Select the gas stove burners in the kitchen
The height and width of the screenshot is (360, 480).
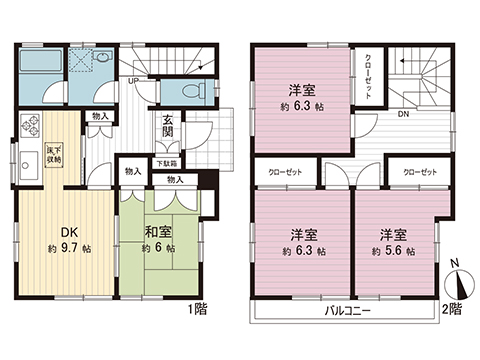(x=27, y=130)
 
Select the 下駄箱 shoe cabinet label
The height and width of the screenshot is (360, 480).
(x=166, y=164)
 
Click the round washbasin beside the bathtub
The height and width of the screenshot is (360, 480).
(x=98, y=57)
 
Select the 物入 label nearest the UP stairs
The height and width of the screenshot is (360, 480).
(x=101, y=117)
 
